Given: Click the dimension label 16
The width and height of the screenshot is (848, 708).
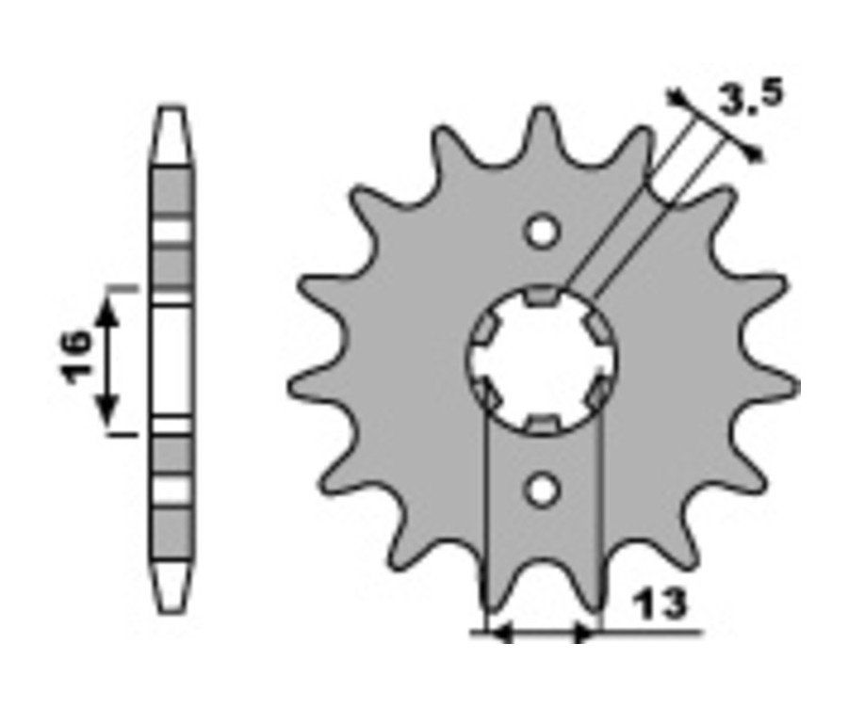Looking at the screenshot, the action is pos(76,357).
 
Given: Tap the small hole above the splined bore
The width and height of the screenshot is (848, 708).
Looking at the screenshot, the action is pos(542,231).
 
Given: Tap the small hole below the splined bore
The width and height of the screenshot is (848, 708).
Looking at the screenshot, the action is pos(542,490).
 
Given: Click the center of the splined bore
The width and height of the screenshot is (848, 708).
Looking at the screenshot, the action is pos(542,360).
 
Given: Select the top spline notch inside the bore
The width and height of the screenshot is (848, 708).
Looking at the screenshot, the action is pos(542,297).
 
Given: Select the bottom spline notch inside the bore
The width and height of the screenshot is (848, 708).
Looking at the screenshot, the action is pos(542,424).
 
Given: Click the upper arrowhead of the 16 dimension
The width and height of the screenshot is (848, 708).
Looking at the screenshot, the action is pos(108,311).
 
